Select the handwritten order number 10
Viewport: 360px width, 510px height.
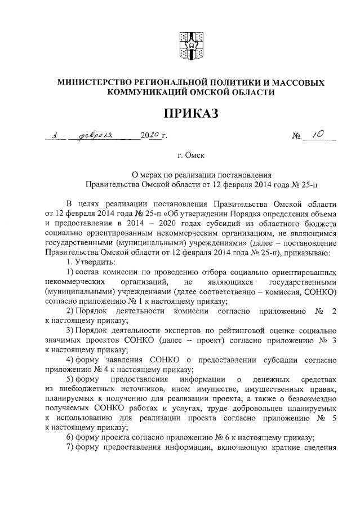tap(313, 135)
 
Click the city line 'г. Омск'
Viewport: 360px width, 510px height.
tap(190, 153)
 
